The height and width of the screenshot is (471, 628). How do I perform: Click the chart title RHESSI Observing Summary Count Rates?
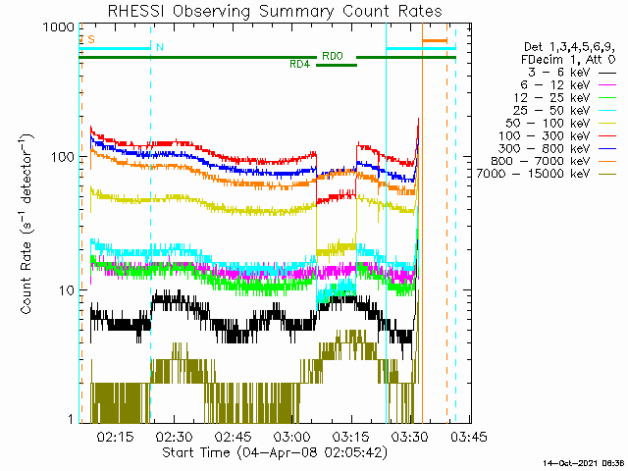click(275, 11)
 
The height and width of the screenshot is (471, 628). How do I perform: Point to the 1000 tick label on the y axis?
click(59, 27)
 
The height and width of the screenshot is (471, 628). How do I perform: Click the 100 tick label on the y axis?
click(63, 157)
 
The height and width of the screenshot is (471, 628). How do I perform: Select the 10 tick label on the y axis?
click(67, 290)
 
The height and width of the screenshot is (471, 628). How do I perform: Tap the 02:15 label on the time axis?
click(115, 437)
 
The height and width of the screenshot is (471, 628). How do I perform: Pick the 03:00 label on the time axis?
click(292, 437)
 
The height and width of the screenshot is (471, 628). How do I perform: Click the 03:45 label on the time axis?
click(469, 437)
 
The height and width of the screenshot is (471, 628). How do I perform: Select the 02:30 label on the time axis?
click(175, 437)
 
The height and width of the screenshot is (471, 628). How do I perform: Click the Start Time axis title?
click(275, 452)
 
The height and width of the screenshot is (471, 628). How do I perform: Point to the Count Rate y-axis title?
click(26, 225)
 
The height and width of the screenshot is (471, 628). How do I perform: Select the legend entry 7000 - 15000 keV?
click(533, 174)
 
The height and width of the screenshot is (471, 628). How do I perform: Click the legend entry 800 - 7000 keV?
click(541, 161)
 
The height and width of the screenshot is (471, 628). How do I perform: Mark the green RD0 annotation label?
click(333, 56)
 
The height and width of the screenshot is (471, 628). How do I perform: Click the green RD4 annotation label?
click(300, 64)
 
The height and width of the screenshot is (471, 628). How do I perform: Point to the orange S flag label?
click(91, 39)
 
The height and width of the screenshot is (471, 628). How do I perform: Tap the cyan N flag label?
click(160, 47)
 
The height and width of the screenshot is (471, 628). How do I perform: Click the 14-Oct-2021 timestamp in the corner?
click(584, 463)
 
